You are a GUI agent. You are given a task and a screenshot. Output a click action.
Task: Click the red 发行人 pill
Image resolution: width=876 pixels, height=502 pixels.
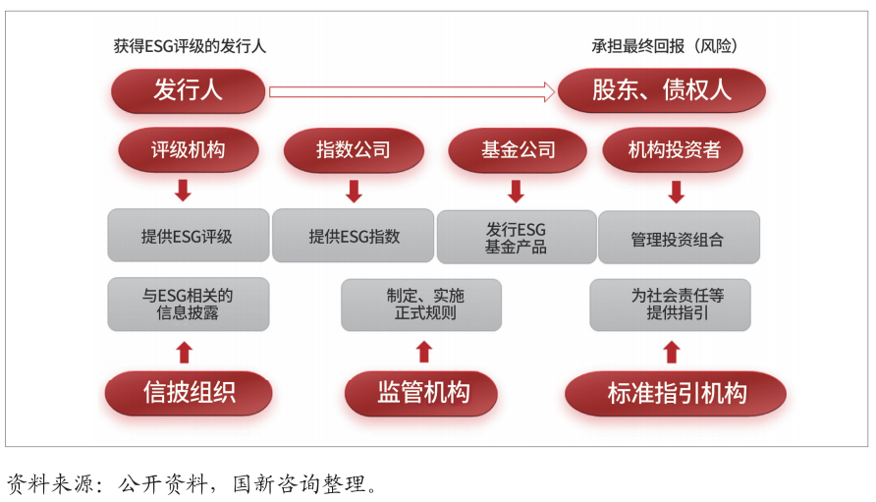pyautogui.click(x=188, y=90)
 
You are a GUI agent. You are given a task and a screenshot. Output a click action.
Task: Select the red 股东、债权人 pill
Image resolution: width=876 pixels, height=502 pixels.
pyautogui.click(x=662, y=90)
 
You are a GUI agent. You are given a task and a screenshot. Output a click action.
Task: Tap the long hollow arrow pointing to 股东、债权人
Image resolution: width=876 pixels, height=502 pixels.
pyautogui.click(x=411, y=91)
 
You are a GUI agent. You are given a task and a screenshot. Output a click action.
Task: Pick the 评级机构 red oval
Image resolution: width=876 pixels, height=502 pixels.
pyautogui.click(x=189, y=150)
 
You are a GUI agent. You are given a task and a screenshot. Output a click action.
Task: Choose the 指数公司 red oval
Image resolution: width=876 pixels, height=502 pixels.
pyautogui.click(x=354, y=150)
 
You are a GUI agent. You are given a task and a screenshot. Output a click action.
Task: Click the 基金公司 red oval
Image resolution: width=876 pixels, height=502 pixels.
pyautogui.click(x=518, y=150)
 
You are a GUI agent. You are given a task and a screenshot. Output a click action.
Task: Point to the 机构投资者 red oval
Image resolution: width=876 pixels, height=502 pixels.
pyautogui.click(x=673, y=150)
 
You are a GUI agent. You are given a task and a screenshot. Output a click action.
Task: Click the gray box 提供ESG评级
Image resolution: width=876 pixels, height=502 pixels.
pyautogui.click(x=189, y=236)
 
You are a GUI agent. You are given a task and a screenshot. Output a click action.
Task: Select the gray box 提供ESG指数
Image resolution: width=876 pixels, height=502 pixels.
pyautogui.click(x=354, y=236)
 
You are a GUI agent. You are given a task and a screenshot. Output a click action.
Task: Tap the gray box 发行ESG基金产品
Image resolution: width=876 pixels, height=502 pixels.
pyautogui.click(x=517, y=237)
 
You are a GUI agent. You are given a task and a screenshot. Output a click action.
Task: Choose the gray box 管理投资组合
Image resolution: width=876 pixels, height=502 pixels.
pyautogui.click(x=679, y=237)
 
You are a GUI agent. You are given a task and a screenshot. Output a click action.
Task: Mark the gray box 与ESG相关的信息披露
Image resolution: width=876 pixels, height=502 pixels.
pyautogui.click(x=189, y=305)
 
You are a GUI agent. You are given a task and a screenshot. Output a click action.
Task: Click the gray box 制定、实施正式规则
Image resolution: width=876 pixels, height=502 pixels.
pyautogui.click(x=421, y=305)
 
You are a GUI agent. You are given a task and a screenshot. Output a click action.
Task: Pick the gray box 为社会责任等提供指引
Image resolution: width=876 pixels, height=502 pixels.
pyautogui.click(x=671, y=305)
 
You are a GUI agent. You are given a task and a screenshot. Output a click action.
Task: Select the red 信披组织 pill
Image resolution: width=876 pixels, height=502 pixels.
pyautogui.click(x=189, y=393)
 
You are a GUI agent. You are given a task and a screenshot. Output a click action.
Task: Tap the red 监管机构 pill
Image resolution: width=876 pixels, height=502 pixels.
pyautogui.click(x=421, y=393)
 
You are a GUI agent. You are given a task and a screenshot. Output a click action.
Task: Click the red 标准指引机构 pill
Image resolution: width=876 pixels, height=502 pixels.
pyautogui.click(x=676, y=394)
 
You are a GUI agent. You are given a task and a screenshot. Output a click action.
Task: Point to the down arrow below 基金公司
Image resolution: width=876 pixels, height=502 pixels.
pyautogui.click(x=517, y=192)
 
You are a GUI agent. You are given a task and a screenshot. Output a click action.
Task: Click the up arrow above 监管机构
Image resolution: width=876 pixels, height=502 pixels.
pyautogui.click(x=424, y=352)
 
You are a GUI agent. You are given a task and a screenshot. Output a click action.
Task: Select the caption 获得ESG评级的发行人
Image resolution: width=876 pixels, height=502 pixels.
pyautogui.click(x=190, y=46)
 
